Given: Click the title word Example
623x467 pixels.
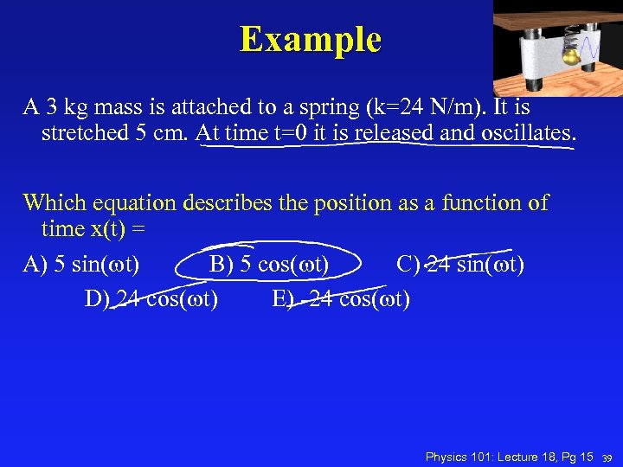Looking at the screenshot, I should click(311, 40).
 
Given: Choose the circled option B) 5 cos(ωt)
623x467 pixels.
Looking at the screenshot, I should click(268, 264).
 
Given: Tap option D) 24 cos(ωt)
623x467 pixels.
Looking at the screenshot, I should click(151, 299).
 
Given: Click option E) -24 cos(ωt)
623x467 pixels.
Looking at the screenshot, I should click(341, 299).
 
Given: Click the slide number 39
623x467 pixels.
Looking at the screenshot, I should click(608, 457).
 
